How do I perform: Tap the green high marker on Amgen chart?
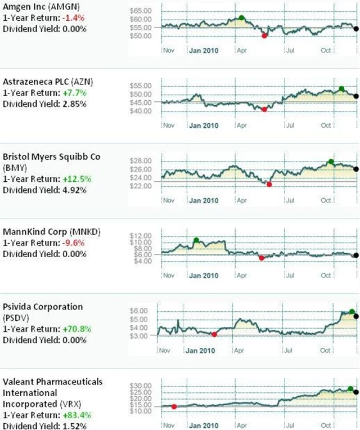pos(241,18)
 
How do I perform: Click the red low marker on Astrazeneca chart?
pos(264,109)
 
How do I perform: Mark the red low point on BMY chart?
pos(269,184)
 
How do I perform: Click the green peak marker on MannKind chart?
pos(196,240)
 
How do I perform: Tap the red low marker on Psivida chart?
pos(214,334)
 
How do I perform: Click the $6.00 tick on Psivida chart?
pos(139,311)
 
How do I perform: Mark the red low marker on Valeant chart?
pos(174,406)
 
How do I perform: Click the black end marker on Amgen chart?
pos(355,29)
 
